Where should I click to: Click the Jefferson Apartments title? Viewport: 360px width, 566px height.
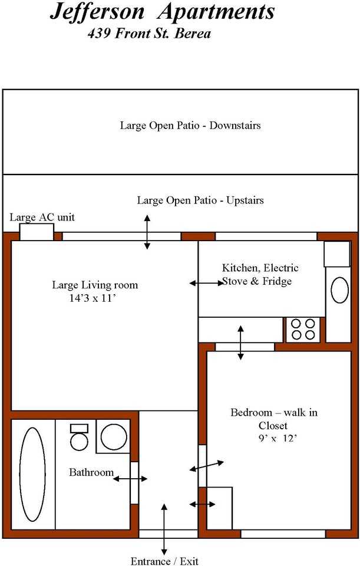163,12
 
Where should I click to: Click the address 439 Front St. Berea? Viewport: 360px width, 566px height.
149,34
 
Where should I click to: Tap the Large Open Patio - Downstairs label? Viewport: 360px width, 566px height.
190,126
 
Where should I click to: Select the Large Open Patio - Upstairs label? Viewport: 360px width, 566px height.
200,200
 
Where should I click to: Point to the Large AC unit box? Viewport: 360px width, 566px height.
37,232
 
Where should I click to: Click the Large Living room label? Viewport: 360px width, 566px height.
95,285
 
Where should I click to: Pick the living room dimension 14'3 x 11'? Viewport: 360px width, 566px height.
94,298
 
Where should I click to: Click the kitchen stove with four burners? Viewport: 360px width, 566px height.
303,329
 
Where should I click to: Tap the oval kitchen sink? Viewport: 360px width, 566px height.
339,290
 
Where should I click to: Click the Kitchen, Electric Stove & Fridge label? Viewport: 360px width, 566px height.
260,274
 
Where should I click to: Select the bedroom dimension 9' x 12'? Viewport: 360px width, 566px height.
278,439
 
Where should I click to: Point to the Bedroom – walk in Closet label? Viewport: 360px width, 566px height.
274,419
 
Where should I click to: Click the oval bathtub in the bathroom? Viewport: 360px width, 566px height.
32,474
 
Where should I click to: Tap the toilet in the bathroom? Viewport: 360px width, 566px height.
79,437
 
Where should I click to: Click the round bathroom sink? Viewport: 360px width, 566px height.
114,436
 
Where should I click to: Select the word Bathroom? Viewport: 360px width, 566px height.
91,472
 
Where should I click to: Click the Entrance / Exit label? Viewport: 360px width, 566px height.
164,561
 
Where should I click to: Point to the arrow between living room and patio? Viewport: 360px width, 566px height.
147,232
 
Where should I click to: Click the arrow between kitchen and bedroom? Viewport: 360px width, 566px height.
240,343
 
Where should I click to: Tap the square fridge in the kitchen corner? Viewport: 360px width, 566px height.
337,254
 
